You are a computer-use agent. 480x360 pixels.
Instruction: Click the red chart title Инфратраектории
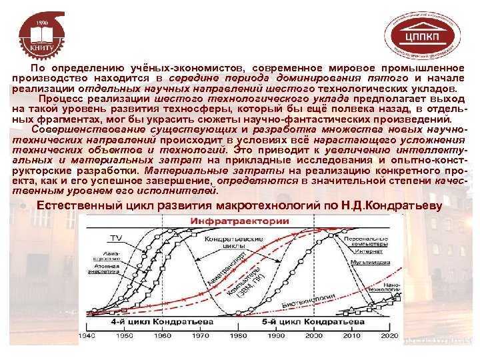pos(241,221)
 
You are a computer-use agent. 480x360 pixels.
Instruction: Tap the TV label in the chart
pos(116,237)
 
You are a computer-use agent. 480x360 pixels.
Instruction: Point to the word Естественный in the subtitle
pos(79,205)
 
